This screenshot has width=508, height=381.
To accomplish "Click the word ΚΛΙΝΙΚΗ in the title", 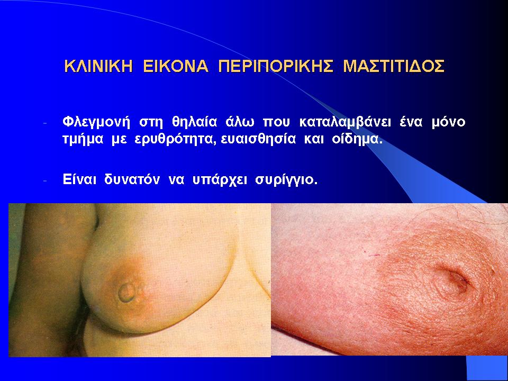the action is pyautogui.click(x=98, y=66).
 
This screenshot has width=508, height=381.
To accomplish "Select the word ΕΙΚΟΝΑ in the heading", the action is pyautogui.click(x=176, y=66).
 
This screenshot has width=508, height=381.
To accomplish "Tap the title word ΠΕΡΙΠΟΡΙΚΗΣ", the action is pyautogui.click(x=276, y=66).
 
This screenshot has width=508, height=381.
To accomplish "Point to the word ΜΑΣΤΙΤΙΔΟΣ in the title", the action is pyautogui.click(x=394, y=66).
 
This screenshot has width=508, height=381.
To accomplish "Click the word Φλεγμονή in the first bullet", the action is pyautogui.click(x=96, y=122).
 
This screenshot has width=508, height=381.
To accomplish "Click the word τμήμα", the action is pyautogui.click(x=83, y=140).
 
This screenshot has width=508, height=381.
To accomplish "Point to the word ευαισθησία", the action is pyautogui.click(x=258, y=140).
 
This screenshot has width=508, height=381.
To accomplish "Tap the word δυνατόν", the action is pyautogui.click(x=132, y=179).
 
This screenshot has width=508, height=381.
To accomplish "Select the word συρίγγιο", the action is pyautogui.click(x=286, y=180).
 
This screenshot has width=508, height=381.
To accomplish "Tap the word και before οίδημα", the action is pyautogui.click(x=314, y=140).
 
